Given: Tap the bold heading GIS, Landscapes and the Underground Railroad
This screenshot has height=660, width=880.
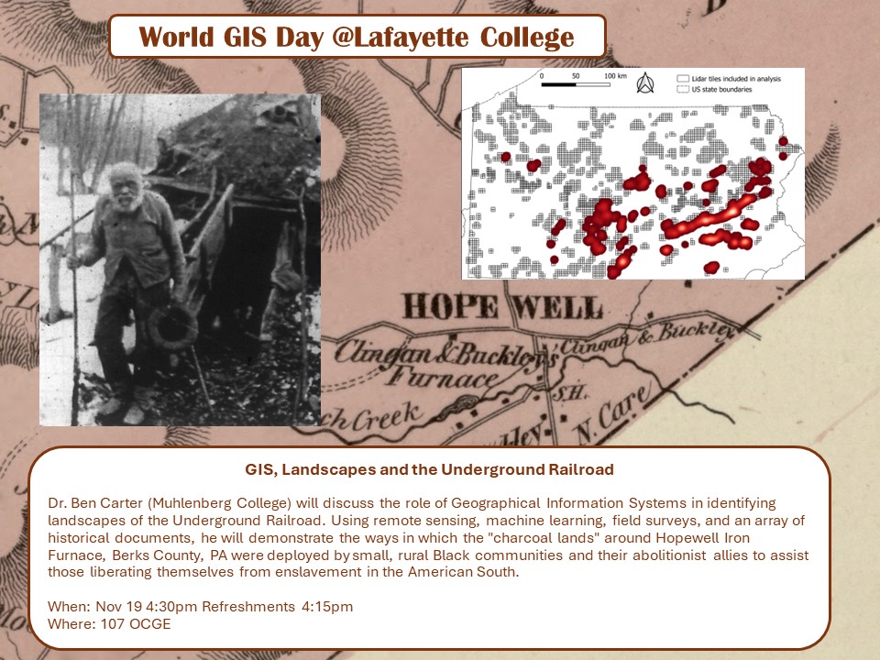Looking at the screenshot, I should pos(429,469).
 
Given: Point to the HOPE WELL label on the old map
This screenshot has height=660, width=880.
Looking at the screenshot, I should pos(503,308).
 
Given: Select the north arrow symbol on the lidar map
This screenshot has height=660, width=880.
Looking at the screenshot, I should pos(644,83).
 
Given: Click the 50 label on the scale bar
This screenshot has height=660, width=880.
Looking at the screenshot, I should pos(576,75).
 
